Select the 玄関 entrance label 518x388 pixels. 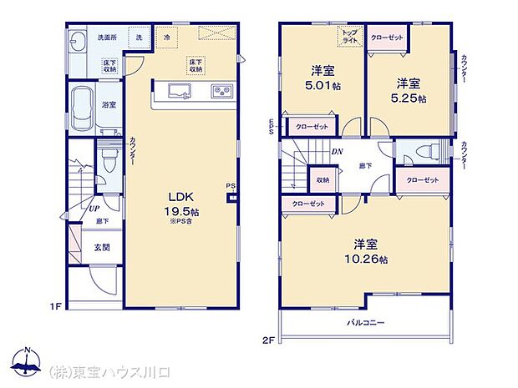[99, 246]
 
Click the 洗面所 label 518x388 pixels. [107, 38]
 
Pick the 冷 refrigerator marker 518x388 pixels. [168, 38]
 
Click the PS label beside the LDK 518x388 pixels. [229, 186]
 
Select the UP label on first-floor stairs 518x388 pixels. [95, 208]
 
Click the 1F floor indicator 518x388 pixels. [56, 307]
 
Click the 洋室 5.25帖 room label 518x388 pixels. [409, 90]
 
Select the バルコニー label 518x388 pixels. [365, 321]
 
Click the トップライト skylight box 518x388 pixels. [348, 38]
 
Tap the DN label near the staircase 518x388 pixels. [337, 151]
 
